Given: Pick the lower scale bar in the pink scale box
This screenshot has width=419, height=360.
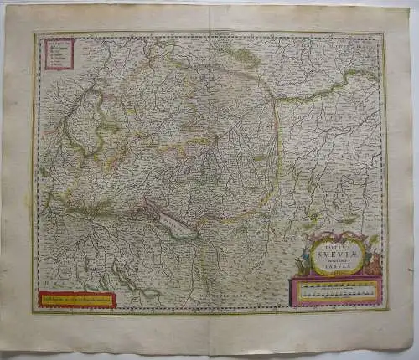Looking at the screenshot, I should [x=335, y=296].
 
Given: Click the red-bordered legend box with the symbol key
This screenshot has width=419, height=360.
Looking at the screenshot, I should [x=59, y=51].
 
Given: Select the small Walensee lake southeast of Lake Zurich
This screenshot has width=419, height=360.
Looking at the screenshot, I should [x=151, y=292].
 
